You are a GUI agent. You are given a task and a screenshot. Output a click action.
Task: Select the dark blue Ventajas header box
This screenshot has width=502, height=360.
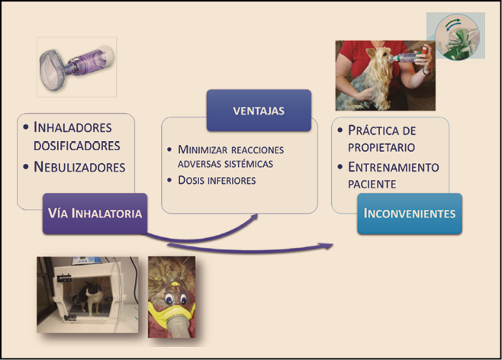[x=259, y=111]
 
